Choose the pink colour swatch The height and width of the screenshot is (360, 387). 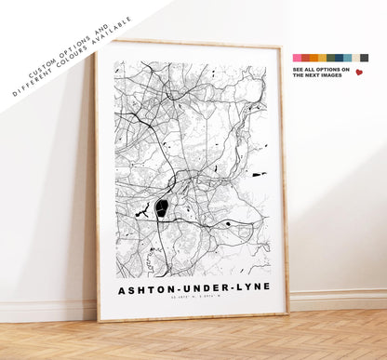point(297,58)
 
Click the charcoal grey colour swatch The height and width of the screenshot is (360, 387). point(364,58)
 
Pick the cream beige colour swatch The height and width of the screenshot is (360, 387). point(355,58)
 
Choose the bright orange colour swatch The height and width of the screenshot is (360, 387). point(314,58)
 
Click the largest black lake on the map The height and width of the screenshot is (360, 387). point(162,208)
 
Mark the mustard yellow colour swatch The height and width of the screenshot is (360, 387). point(322,58)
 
